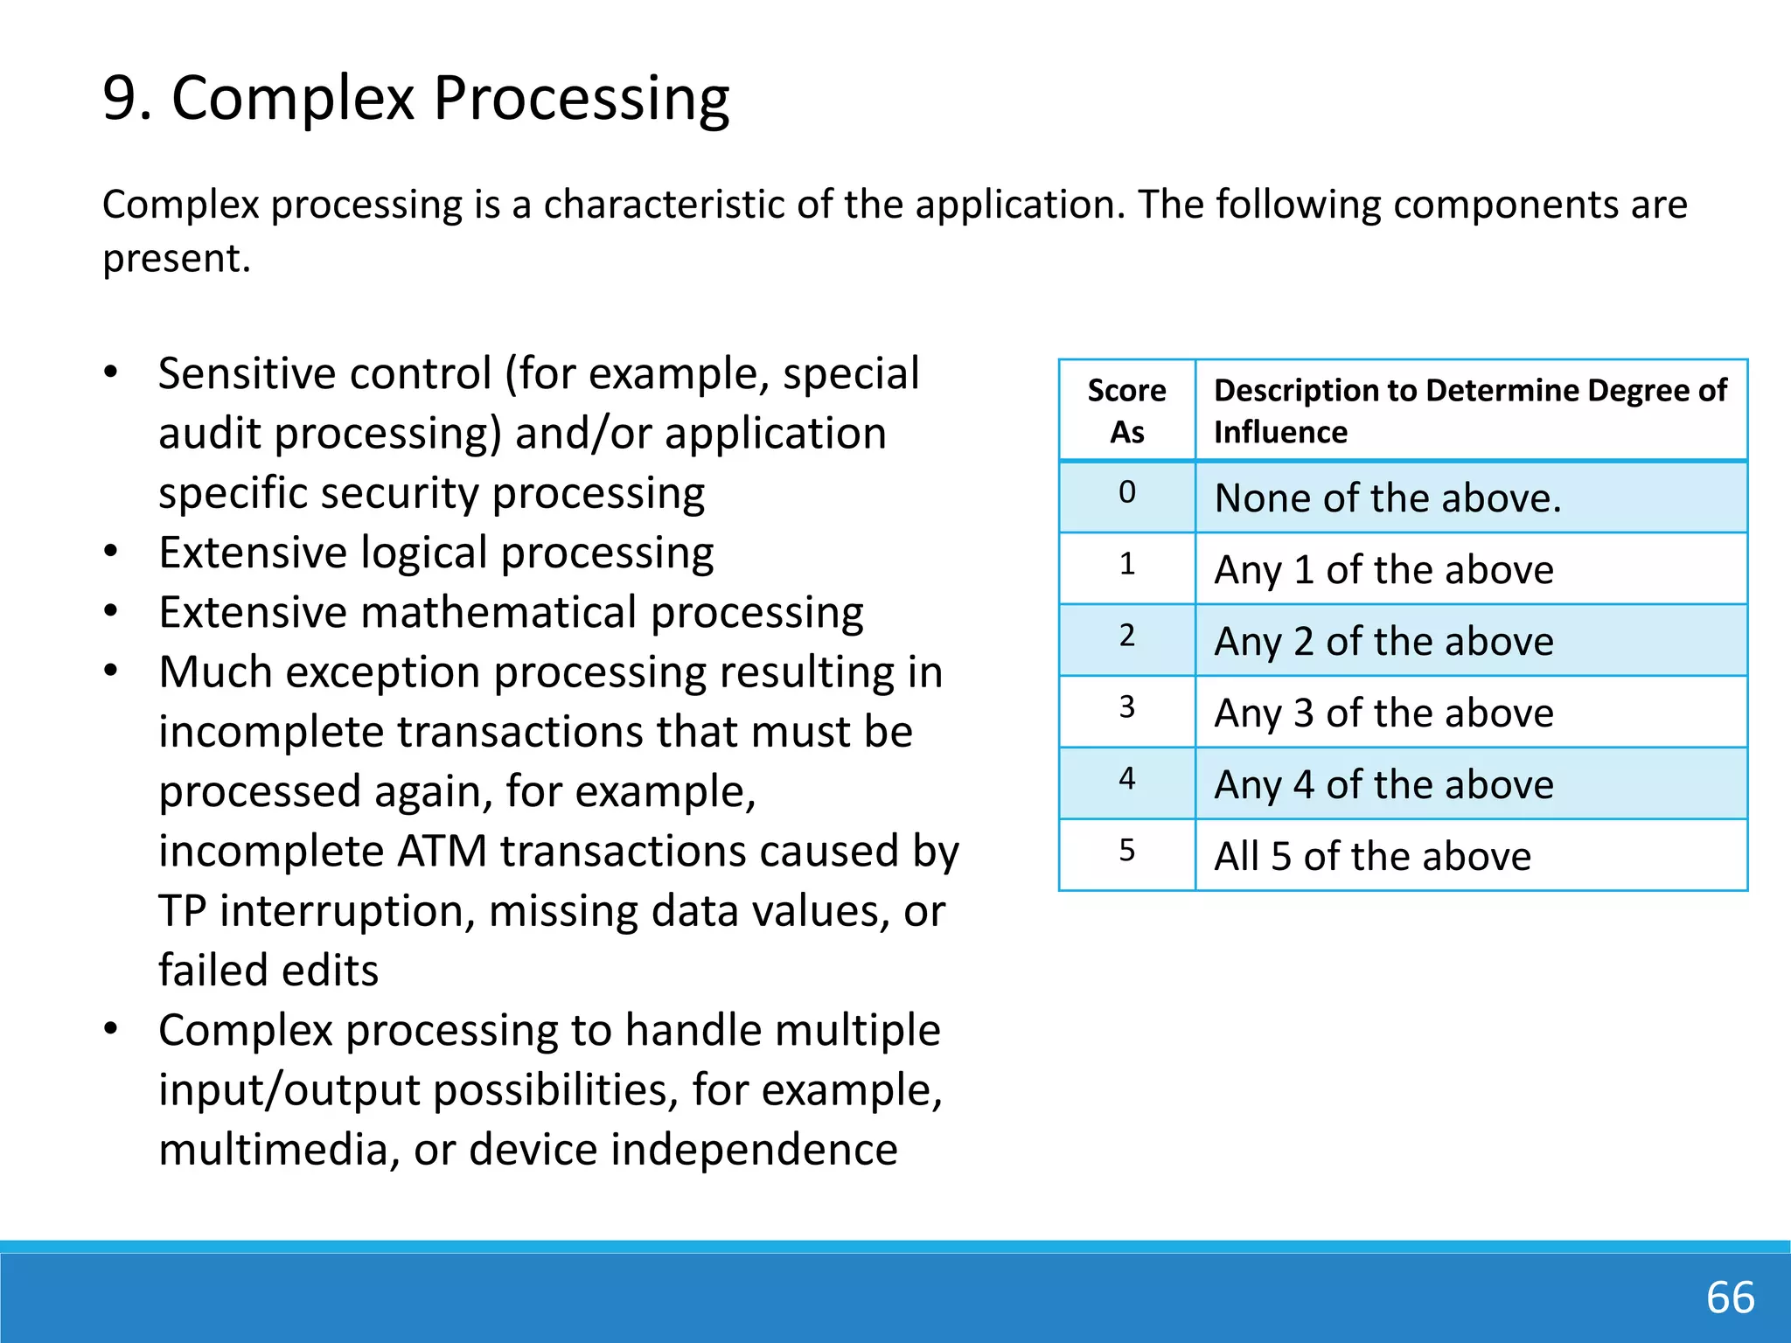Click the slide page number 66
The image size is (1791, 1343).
point(1730,1297)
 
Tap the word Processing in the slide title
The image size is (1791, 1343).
point(581,98)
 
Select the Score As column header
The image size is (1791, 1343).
point(1126,410)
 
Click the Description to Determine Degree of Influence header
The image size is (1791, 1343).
point(1470,410)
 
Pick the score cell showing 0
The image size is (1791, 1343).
point(1126,493)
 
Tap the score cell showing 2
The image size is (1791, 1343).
point(1126,636)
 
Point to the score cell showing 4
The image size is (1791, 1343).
point(1126,779)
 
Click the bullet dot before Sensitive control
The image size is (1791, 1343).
point(110,373)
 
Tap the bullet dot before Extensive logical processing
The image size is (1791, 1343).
point(110,553)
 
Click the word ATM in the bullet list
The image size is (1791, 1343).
point(442,851)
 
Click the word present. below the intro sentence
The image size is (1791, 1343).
point(177,259)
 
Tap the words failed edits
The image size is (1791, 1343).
point(268,971)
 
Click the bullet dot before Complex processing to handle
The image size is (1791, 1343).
point(110,1030)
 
